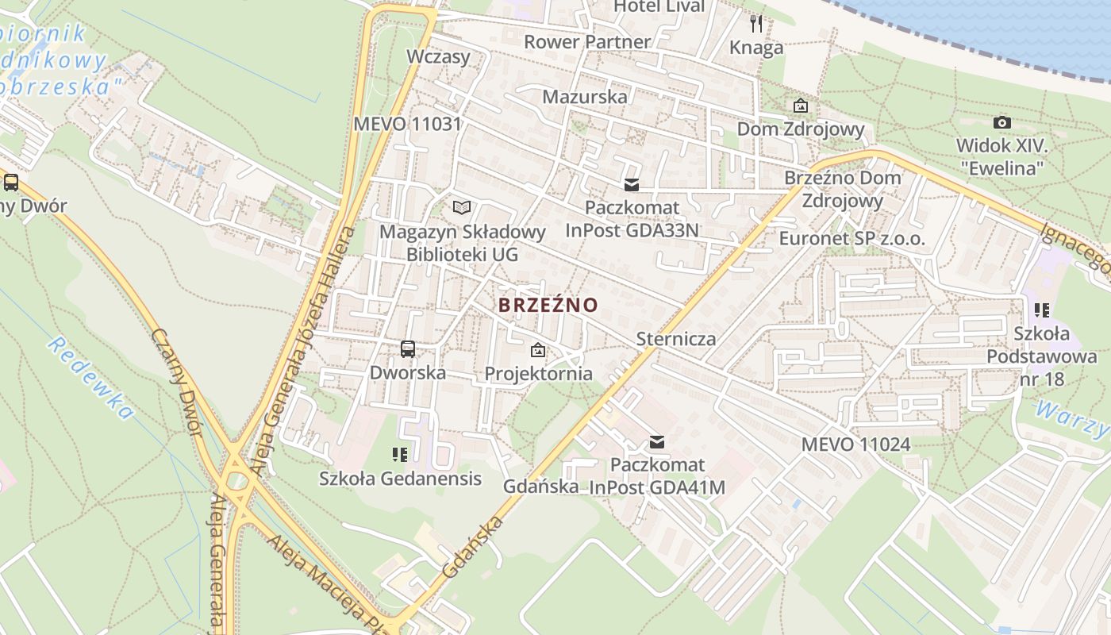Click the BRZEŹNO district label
(548, 305)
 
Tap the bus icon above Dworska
(407, 348)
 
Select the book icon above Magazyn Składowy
(462, 208)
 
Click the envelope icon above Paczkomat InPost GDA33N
(632, 185)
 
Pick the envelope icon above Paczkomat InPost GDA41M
(657, 442)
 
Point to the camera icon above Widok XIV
(1002, 122)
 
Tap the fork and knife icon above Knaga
(756, 23)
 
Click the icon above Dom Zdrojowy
(801, 106)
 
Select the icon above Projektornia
(538, 349)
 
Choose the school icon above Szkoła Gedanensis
(400, 455)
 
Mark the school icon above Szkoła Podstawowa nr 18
(1042, 310)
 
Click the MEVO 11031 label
(407, 124)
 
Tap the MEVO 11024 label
(855, 444)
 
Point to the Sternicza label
(676, 339)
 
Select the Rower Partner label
(587, 41)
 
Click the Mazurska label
(585, 97)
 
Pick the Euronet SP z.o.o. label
(852, 238)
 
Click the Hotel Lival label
(659, 6)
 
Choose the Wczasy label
(438, 56)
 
